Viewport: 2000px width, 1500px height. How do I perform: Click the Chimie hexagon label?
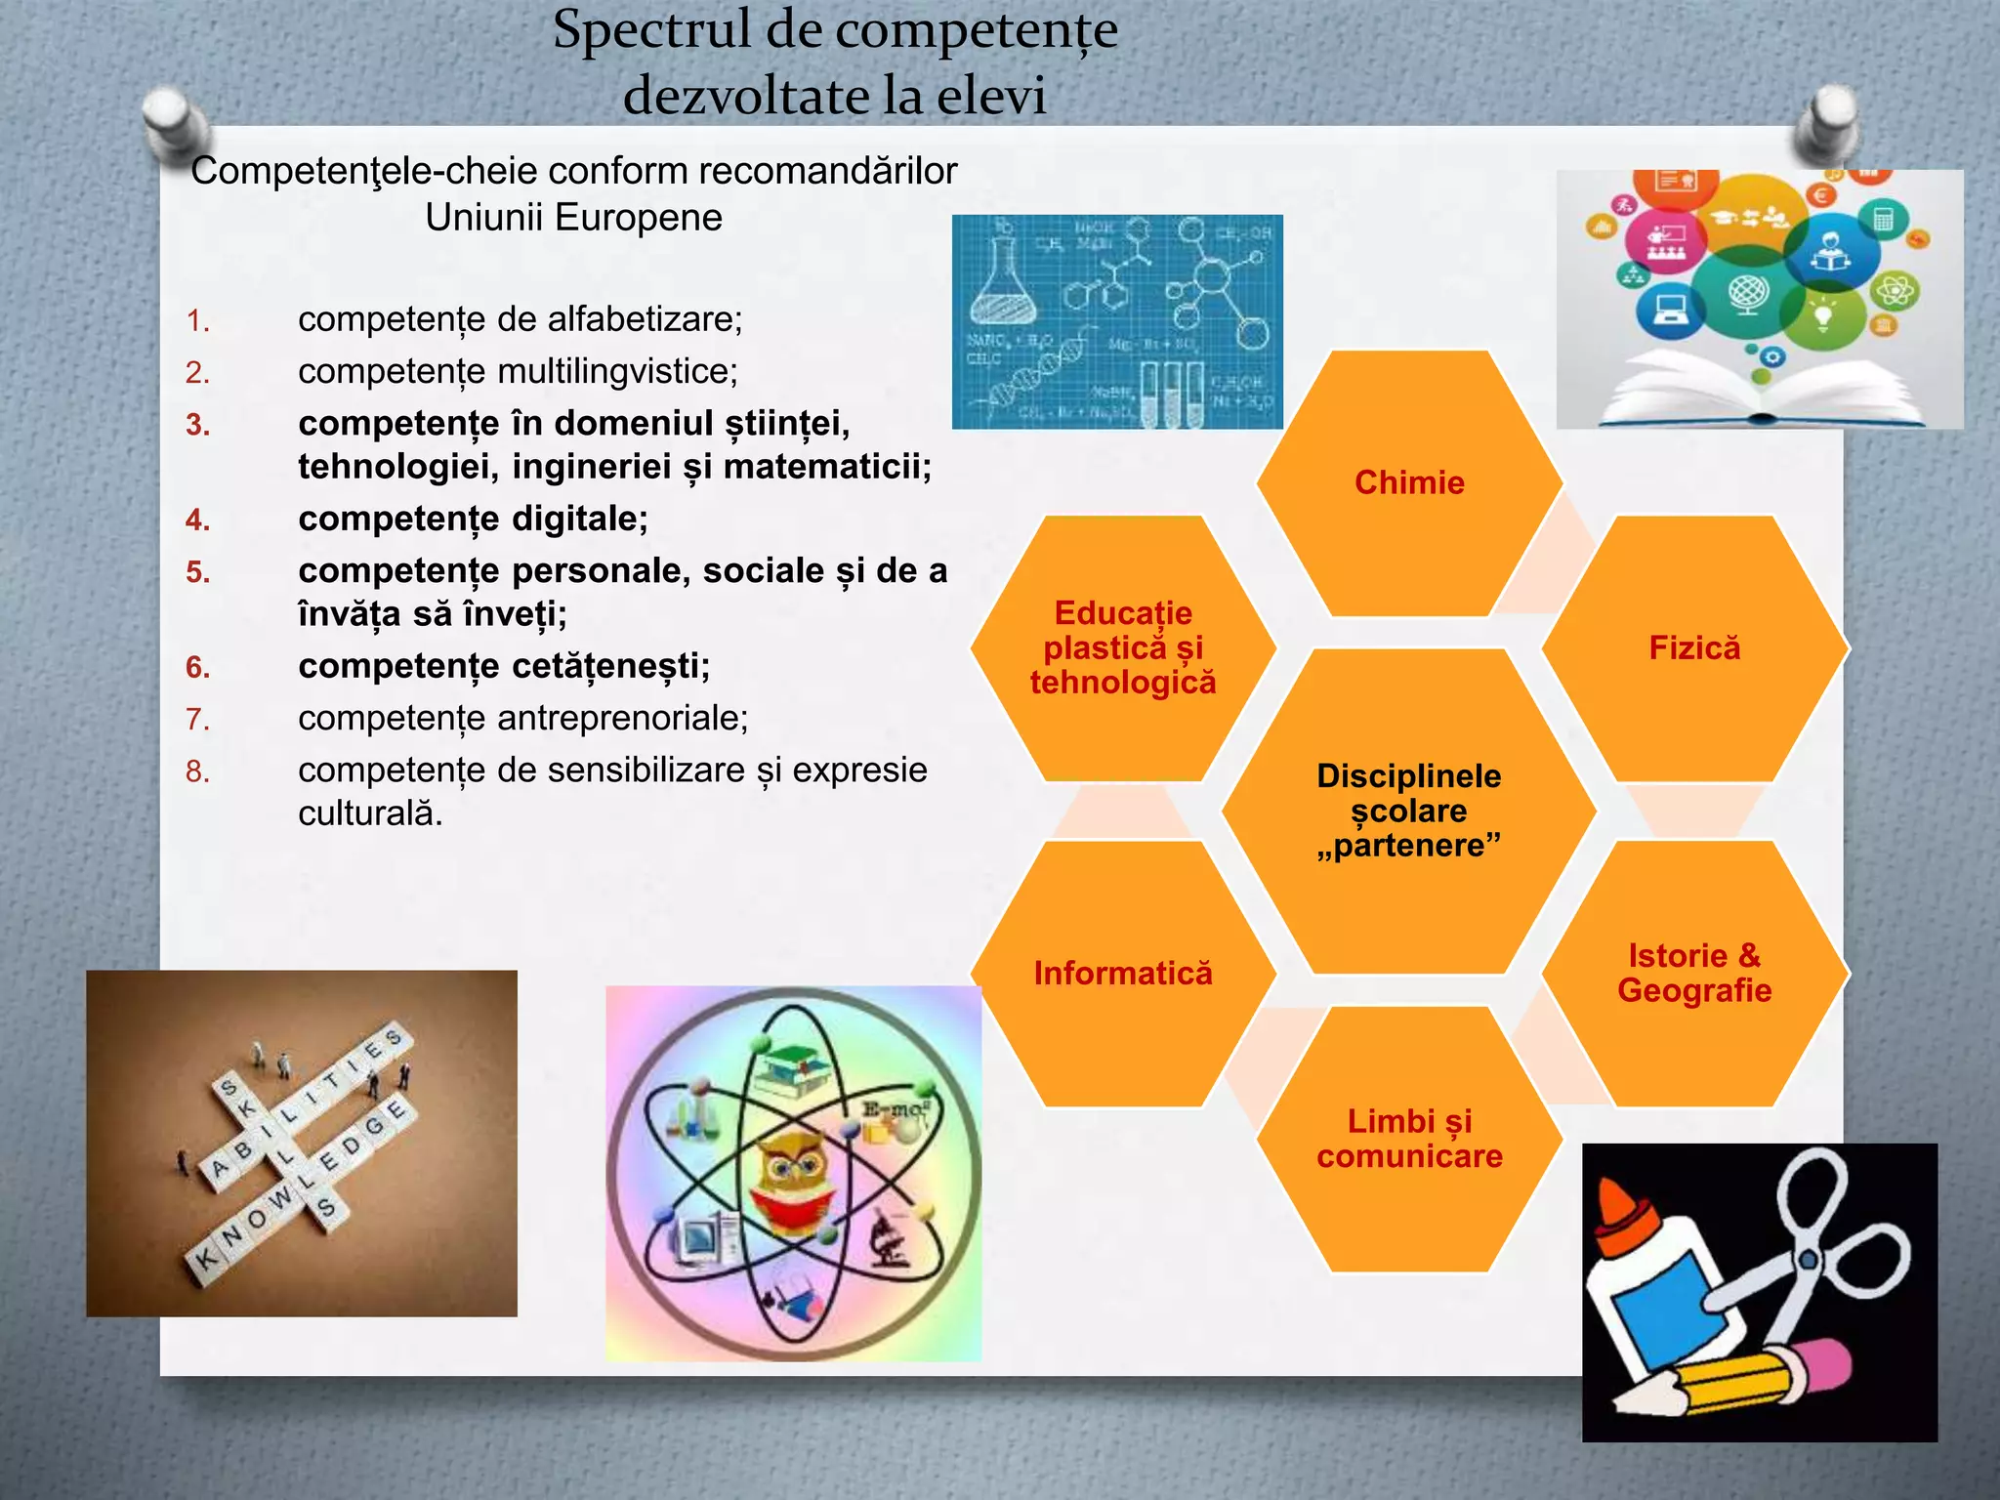tap(1409, 482)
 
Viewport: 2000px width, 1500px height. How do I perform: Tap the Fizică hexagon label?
tap(1694, 647)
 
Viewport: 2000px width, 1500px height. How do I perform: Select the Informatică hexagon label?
tap(1123, 973)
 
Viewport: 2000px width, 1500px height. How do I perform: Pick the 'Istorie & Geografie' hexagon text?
tap(1694, 973)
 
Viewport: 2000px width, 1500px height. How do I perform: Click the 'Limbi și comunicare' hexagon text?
tap(1409, 1139)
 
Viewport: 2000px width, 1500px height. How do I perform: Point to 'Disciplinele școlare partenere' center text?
tap(1409, 811)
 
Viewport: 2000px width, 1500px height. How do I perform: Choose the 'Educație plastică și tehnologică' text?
tap(1123, 647)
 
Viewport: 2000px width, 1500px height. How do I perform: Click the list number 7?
tap(197, 720)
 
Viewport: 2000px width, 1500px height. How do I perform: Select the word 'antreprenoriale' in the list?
tap(622, 718)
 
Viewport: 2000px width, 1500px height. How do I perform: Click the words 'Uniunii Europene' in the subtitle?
tap(573, 217)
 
